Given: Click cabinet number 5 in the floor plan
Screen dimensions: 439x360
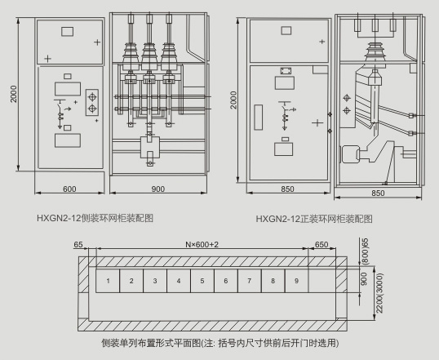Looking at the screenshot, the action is tap(202, 281).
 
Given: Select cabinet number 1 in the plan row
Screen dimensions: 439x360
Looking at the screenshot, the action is tap(108, 281).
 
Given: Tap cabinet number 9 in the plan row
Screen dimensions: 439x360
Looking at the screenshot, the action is tap(296, 281).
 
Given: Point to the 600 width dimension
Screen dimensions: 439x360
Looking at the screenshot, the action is tap(69, 189).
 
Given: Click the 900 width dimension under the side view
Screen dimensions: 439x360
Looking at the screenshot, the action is tap(158, 189).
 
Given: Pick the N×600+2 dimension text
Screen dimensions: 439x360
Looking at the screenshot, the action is tap(202, 245).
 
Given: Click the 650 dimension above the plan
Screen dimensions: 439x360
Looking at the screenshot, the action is tap(321, 245).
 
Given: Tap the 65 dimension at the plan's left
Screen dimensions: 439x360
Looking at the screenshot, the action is tap(78, 245).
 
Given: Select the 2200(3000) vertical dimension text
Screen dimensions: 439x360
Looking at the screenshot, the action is tap(379, 293).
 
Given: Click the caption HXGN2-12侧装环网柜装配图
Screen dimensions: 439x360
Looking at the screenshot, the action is tap(95, 218).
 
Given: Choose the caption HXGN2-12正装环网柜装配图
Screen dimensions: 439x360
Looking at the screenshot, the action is tap(314, 219).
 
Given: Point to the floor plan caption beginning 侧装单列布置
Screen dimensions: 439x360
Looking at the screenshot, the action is tap(220, 343).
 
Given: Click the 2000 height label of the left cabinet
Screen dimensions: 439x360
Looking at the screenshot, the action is tap(14, 94).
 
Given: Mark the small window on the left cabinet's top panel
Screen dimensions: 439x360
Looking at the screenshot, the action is tap(68, 31).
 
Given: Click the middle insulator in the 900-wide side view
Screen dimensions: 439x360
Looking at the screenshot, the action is tap(149, 56).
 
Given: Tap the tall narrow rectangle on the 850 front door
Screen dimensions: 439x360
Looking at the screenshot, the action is tap(259, 118).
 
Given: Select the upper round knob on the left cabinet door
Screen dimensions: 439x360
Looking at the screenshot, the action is tap(92, 97).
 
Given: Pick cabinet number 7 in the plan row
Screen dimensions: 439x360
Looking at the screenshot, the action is tap(250, 281).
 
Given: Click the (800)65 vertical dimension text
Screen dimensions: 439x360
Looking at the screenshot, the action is tap(366, 251).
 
